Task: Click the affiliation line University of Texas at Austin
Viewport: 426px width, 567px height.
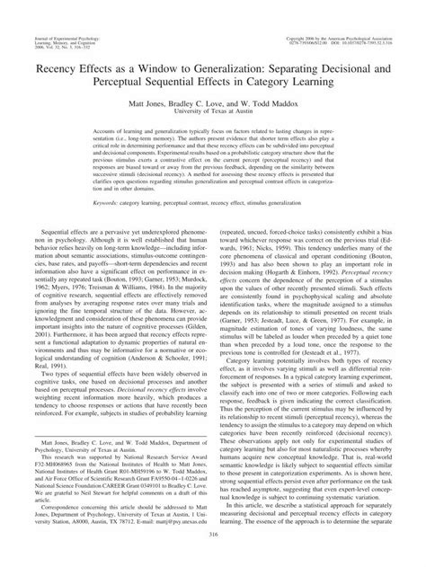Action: (x=212, y=114)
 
